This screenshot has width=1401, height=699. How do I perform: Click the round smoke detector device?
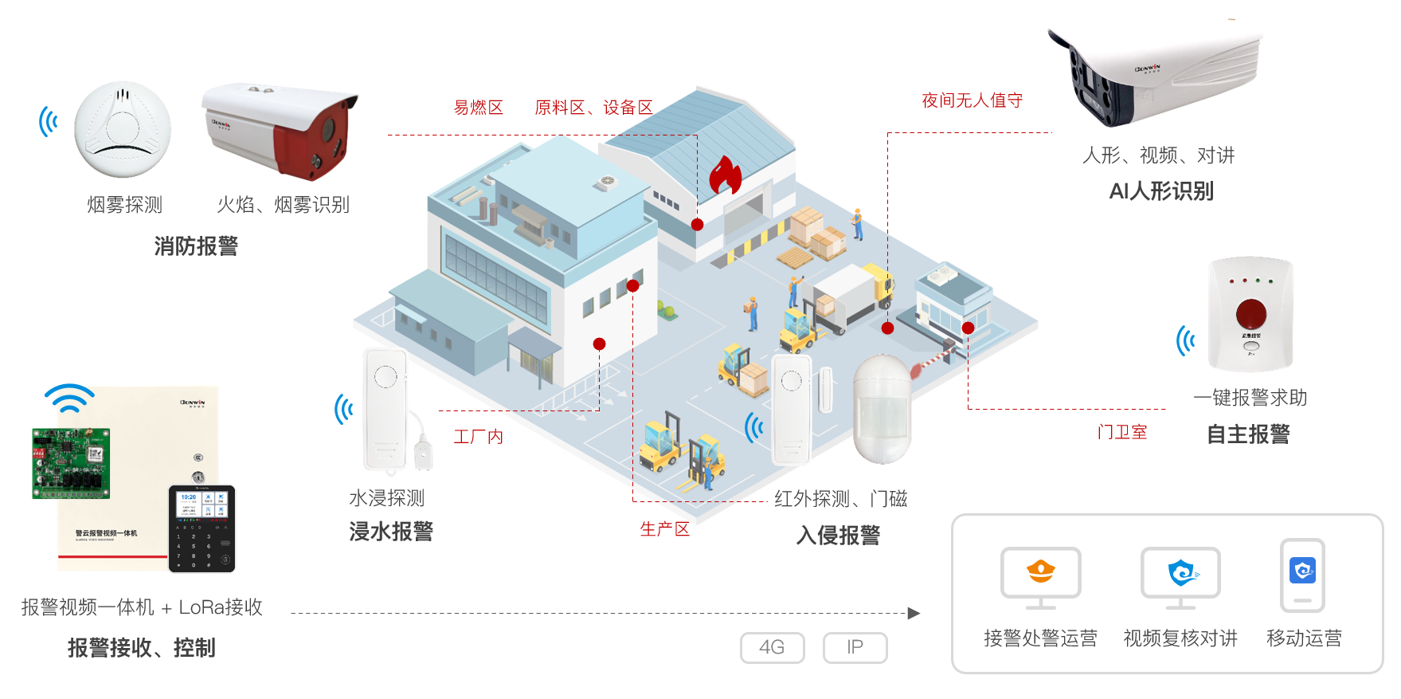(x=123, y=129)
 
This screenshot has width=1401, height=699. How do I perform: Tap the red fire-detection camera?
(x=280, y=130)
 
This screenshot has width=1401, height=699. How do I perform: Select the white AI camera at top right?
(x=1156, y=76)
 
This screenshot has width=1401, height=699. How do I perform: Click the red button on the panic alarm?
(x=1250, y=314)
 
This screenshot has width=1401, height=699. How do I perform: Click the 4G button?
(x=772, y=647)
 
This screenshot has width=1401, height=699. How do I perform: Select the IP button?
(x=855, y=647)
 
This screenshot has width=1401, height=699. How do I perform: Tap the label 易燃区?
(x=478, y=108)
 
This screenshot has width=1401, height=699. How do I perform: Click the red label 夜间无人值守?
(x=972, y=100)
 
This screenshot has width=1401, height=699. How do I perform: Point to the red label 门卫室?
(x=1121, y=432)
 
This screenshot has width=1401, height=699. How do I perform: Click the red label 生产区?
(x=664, y=529)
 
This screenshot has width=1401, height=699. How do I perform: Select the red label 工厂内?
(x=478, y=437)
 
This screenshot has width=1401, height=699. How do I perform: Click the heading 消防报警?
(x=196, y=246)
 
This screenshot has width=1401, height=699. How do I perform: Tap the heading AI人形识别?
(x=1161, y=191)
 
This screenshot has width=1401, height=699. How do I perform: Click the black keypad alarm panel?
(x=202, y=528)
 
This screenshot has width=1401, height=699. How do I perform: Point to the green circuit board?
(x=71, y=463)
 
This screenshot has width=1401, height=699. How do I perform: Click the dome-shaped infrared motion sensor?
(x=882, y=408)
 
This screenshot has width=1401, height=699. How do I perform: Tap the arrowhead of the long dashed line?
(x=914, y=613)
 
